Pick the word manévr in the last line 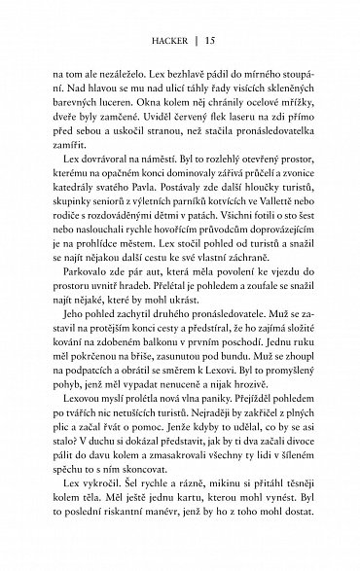191,535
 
